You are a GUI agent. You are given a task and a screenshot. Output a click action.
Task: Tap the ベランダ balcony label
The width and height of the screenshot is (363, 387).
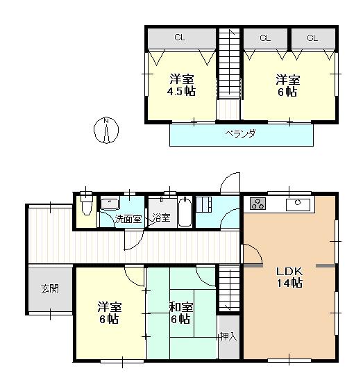click(239, 134)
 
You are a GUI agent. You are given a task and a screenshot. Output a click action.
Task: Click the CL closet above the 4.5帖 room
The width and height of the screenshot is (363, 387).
click(179, 38)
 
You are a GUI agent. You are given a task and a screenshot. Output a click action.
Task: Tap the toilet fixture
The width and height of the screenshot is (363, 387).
click(85, 206)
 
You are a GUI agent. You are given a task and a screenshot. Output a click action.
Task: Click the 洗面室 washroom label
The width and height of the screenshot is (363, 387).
click(128, 218)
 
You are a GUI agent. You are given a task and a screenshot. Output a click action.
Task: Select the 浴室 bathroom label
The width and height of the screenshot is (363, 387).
click(162, 218)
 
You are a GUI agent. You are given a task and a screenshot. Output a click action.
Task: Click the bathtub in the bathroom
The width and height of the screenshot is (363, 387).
click(185, 211)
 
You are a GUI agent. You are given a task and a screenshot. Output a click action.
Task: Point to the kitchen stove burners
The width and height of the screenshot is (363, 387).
click(258, 204)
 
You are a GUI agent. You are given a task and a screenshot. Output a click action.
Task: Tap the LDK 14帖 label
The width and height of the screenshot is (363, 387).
click(289, 277)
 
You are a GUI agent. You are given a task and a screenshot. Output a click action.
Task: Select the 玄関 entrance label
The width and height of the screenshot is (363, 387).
click(49, 288)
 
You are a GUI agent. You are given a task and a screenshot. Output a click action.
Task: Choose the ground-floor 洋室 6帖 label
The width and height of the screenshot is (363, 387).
click(108, 313)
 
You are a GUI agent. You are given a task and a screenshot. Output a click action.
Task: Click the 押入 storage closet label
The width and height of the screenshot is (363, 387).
click(227, 337)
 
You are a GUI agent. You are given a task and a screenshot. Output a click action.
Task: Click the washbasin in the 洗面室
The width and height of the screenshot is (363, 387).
click(110, 204)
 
